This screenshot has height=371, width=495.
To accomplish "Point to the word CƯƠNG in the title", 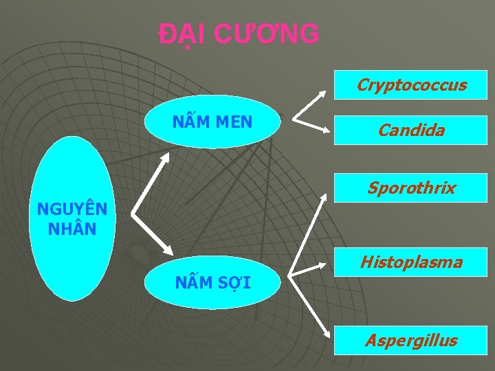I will (x=266, y=34).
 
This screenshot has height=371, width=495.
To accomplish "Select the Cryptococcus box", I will (x=411, y=85).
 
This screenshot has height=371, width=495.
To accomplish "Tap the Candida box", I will (x=411, y=130).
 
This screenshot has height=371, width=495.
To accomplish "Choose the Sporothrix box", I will (x=411, y=188).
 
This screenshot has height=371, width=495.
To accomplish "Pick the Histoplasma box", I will (x=411, y=262).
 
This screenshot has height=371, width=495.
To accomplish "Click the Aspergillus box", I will (x=411, y=340).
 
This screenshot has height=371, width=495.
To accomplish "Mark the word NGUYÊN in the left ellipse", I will (x=71, y=209).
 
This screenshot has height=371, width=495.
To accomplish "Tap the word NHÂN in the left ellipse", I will (x=71, y=227).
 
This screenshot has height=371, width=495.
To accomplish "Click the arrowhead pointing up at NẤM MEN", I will (x=166, y=156).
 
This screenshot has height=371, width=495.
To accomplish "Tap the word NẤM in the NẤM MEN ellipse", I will (x=190, y=122).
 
